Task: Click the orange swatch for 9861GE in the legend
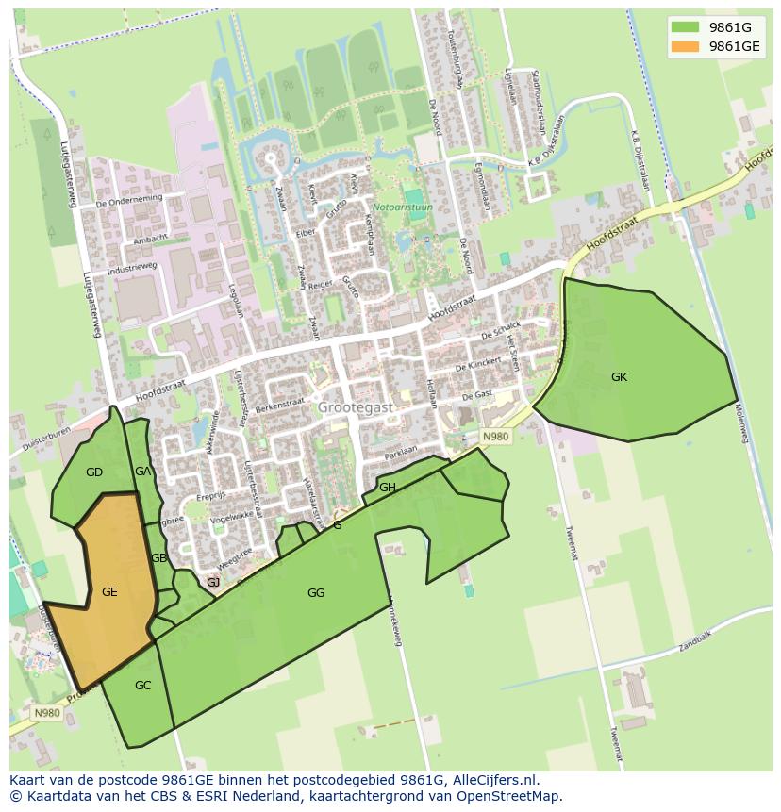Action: (686, 46)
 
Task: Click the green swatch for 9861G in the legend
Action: (686, 27)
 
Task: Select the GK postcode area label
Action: (619, 377)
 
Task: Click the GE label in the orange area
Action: (109, 592)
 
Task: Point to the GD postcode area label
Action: (94, 472)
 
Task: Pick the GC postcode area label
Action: (142, 686)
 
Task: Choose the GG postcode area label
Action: (316, 593)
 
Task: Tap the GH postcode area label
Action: (387, 488)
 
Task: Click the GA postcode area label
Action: (142, 472)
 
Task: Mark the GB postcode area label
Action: (158, 558)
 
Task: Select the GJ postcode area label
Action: (213, 583)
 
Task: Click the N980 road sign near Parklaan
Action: (495, 437)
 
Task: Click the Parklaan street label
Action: (402, 453)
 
